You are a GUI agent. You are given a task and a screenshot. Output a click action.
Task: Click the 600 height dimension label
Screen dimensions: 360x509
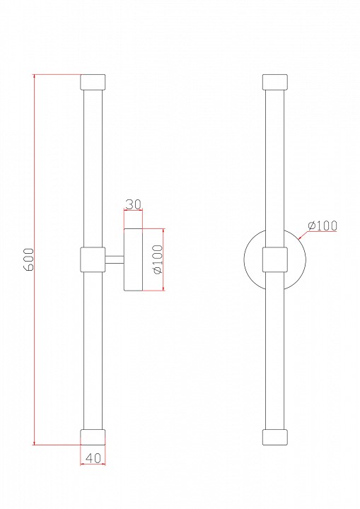(29, 259)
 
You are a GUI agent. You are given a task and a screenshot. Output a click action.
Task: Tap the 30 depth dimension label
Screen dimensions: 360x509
(133, 204)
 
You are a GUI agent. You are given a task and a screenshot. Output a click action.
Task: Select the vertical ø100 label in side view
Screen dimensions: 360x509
(158, 259)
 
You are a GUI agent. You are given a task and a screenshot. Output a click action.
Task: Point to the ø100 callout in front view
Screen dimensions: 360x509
(323, 225)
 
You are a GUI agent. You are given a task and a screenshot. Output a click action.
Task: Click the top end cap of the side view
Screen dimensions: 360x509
(93, 82)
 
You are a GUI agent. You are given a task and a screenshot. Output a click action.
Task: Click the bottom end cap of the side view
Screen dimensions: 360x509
(93, 437)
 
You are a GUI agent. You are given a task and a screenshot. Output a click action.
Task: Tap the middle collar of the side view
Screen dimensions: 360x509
(93, 259)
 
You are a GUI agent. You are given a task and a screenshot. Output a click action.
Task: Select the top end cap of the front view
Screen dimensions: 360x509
(275, 82)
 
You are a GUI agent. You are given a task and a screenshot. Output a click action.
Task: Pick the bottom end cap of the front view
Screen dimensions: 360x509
(275, 437)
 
